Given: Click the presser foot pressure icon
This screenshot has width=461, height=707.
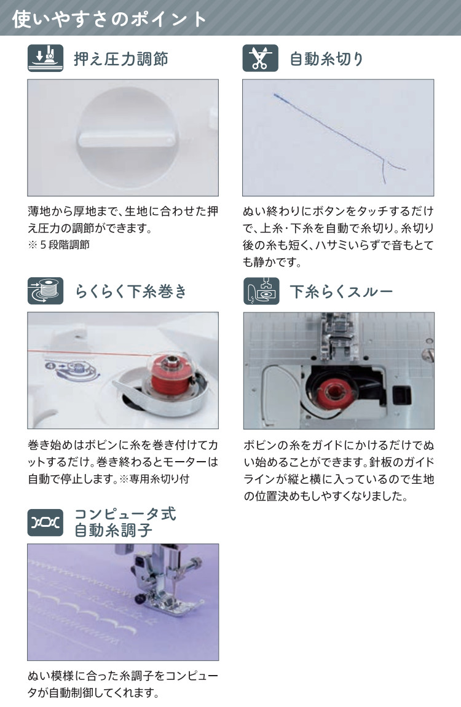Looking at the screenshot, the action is (45, 58).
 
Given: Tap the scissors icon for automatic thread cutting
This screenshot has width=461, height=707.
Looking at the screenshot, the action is (260, 58).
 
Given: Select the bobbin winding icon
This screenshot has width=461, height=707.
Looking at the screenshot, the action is (45, 291).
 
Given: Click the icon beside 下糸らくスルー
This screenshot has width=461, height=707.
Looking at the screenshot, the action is (261, 291).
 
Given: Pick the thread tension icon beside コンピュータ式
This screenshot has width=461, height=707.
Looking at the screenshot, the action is (45, 523).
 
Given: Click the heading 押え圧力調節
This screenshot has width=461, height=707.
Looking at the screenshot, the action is (120, 58).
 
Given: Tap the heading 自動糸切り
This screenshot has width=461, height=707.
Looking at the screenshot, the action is (326, 58).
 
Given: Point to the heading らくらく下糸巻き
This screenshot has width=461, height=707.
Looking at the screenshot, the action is (131, 291).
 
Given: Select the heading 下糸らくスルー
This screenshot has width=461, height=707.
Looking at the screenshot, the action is (341, 291).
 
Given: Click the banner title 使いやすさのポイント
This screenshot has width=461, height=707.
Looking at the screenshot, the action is (109, 19).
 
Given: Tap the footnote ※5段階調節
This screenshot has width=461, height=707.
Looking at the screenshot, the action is (58, 245).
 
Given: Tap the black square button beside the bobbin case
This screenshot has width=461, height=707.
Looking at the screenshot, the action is (401, 395).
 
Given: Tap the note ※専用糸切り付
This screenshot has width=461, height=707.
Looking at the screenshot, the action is (154, 479).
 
